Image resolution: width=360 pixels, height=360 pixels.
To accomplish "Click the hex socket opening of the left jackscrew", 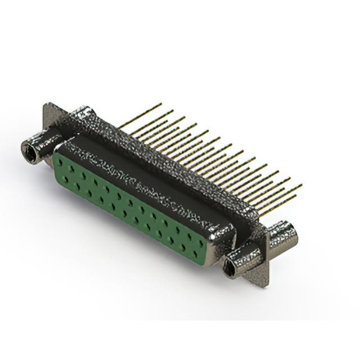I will click(29, 151).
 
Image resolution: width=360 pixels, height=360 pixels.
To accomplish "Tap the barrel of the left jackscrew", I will click(42, 143).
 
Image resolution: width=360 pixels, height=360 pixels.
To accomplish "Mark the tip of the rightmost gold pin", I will click(301, 185).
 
